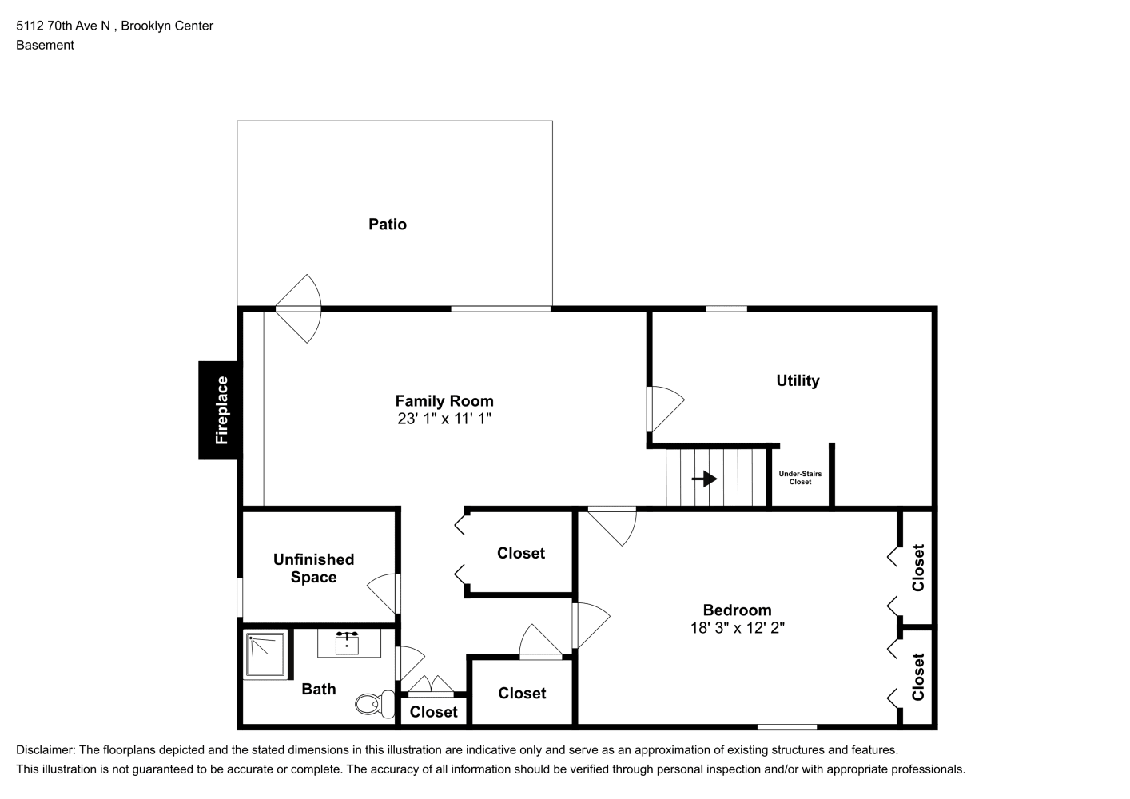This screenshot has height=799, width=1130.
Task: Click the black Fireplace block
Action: point(220,410)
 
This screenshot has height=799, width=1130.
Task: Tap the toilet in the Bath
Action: point(376,703)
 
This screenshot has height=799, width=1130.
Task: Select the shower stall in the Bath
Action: point(266,654)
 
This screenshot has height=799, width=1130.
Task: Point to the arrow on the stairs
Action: point(704,478)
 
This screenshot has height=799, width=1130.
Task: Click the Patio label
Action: point(388,224)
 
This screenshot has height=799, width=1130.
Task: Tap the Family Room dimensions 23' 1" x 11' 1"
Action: point(444,419)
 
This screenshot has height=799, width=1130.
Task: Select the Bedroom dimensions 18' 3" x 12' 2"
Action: point(737,627)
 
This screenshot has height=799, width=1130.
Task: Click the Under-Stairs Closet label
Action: point(800,478)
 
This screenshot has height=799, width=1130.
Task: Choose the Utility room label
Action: point(798,380)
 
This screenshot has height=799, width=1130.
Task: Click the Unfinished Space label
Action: point(314,568)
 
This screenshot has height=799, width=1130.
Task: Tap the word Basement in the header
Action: point(45,45)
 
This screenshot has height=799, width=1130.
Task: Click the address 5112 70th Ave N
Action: point(63,26)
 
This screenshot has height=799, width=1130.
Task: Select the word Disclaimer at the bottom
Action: point(46,750)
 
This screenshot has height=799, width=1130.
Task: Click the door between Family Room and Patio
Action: point(298,308)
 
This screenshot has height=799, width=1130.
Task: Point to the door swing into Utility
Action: point(666,408)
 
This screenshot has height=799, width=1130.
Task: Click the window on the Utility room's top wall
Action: point(726,308)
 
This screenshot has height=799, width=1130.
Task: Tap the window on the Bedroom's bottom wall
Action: point(787,727)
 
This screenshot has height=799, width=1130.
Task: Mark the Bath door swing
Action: point(410,663)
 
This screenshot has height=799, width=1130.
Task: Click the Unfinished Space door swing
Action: point(384,593)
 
